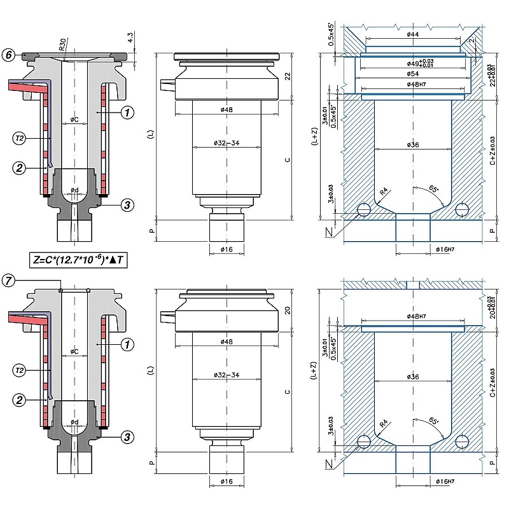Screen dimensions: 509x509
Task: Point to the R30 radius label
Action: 62,46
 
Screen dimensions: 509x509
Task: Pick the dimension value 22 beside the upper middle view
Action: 288,76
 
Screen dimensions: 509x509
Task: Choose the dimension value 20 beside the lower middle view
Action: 288,310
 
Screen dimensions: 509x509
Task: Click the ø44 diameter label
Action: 412,33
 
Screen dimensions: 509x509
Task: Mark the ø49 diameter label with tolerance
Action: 415,64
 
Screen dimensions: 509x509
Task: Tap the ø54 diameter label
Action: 412,74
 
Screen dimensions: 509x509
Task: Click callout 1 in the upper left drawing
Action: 127,113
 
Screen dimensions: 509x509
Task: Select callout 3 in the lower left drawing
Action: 127,437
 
